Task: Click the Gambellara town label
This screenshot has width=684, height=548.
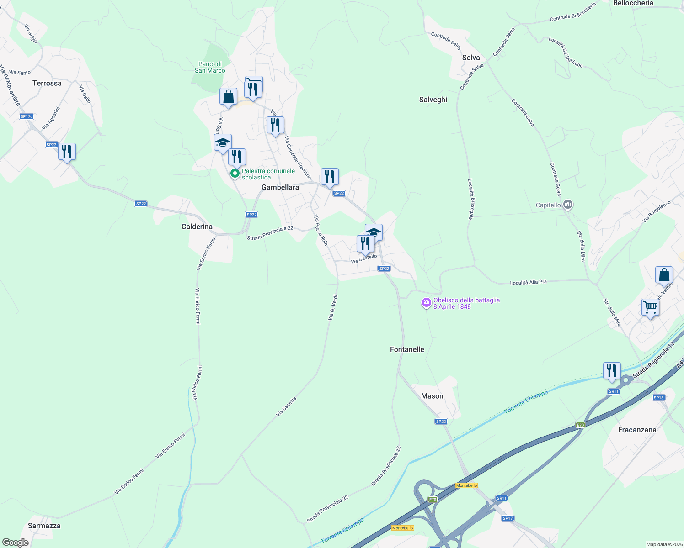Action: point(280,187)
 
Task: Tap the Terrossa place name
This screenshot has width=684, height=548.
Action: point(47,83)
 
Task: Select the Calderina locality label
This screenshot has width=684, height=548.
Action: point(197,227)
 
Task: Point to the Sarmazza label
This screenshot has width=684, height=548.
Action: point(44,526)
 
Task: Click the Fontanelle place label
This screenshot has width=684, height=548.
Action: point(407,349)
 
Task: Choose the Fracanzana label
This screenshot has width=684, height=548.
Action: point(637,430)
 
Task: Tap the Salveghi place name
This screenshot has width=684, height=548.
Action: point(433,100)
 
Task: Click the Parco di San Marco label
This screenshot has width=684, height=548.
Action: point(210,67)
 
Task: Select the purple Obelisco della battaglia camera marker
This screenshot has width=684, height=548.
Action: point(427,303)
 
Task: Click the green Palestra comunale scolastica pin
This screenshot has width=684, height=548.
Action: point(235,174)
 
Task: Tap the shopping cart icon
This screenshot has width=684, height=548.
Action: point(650,307)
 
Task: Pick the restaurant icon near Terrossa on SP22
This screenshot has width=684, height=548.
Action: point(67,151)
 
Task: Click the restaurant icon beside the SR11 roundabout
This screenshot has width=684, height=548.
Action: point(611,370)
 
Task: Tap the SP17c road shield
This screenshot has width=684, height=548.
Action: point(27,116)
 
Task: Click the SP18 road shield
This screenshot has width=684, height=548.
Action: point(658,398)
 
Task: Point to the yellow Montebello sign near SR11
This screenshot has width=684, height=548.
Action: point(466,485)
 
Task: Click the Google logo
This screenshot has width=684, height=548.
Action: point(16,542)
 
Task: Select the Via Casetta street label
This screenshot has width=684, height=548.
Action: point(286,406)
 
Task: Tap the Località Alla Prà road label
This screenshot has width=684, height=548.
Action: point(528,282)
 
